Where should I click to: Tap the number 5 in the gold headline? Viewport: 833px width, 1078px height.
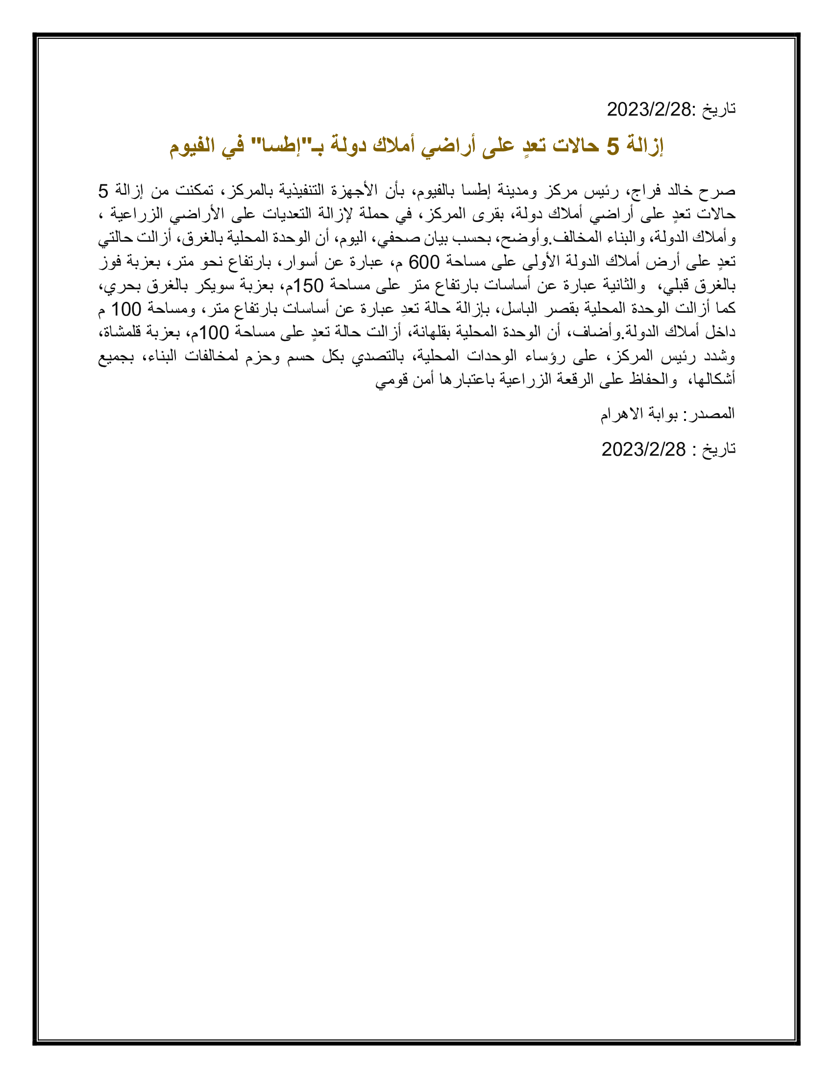pyautogui.click(x=612, y=146)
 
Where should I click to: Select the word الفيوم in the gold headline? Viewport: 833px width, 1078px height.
pyautogui.click(x=193, y=146)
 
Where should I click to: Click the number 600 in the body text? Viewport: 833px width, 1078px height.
pyautogui.click(x=424, y=262)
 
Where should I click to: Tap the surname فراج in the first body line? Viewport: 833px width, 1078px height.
pyautogui.click(x=645, y=190)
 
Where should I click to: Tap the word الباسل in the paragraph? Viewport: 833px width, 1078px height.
pyautogui.click(x=519, y=310)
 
